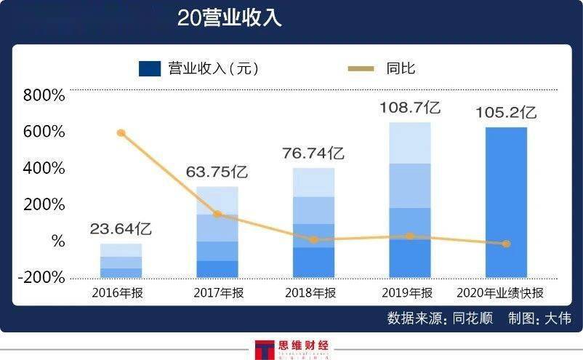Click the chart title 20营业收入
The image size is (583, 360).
tap(229, 18)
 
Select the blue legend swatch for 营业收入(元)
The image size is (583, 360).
tap(150, 68)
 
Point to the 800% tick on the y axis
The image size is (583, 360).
tap(44, 95)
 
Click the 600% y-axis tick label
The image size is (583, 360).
tap(44, 132)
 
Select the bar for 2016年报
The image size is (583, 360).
tap(121, 260)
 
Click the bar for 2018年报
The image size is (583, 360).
tap(314, 223)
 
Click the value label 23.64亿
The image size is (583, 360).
tap(121, 230)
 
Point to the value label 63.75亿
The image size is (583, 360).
tap(217, 173)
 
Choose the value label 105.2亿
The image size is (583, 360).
tap(506, 113)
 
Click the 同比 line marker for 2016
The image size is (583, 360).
tap(121, 133)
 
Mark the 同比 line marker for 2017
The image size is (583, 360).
tap(217, 214)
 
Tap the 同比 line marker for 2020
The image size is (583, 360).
tap(507, 244)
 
